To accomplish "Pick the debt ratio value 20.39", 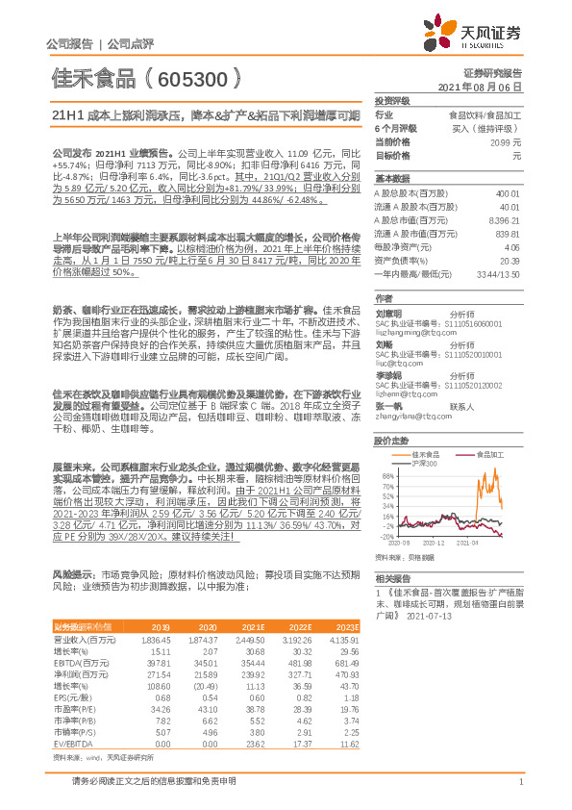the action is (510, 260).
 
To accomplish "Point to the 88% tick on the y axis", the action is (386, 475).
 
